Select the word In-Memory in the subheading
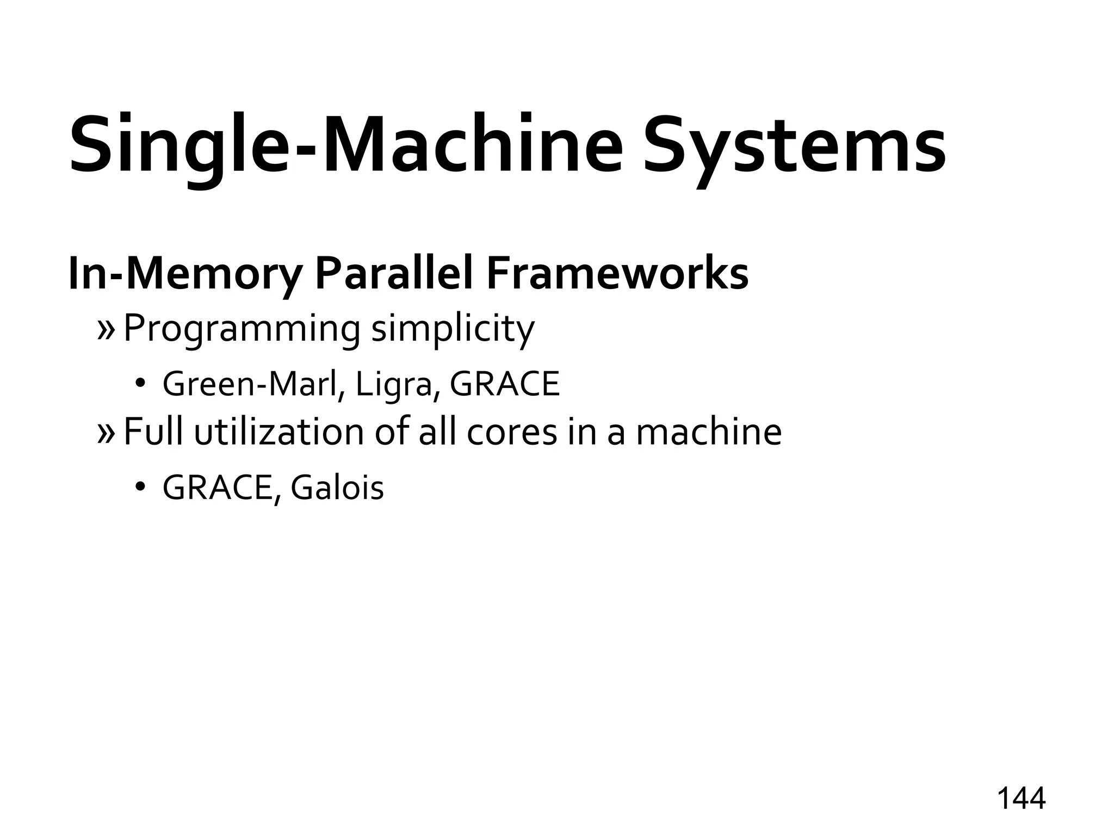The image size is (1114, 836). [x=184, y=274]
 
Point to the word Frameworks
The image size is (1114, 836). [x=617, y=274]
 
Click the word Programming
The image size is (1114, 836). [x=242, y=329]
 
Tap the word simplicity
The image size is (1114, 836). [x=453, y=329]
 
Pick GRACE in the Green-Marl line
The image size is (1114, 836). [x=505, y=384]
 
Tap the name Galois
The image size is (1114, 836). [x=337, y=487]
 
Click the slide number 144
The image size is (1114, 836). [x=1021, y=798]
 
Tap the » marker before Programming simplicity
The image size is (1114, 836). [x=106, y=329]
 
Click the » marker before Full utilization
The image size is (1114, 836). [x=106, y=432]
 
